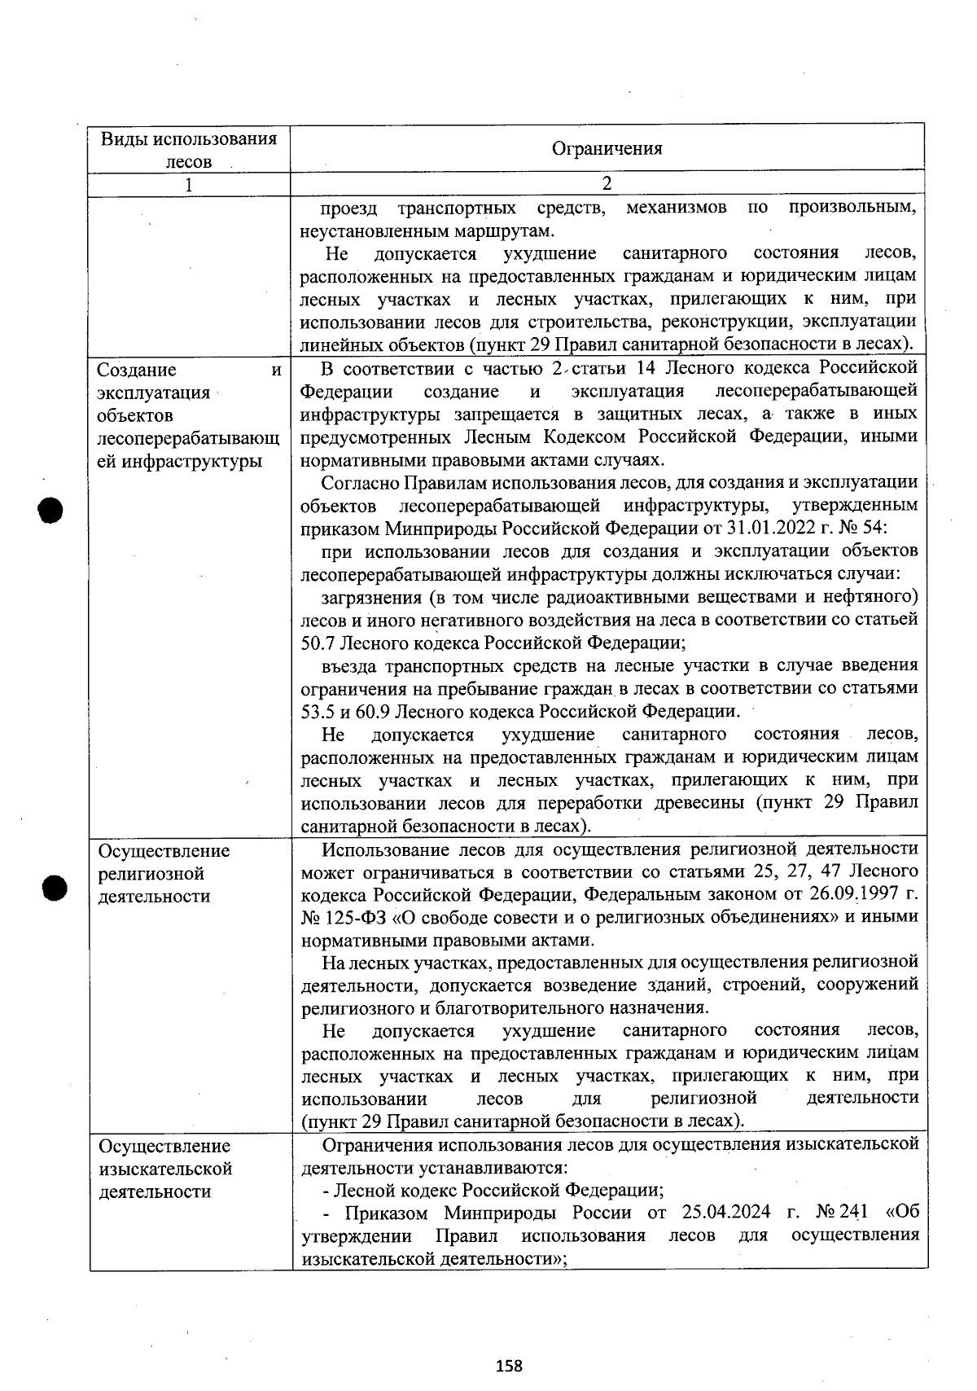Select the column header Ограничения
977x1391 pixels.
607,148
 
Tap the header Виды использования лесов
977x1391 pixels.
189,149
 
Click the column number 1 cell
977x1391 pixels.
189,185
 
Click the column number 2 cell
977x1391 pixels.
607,183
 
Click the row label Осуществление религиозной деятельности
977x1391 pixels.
164,873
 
